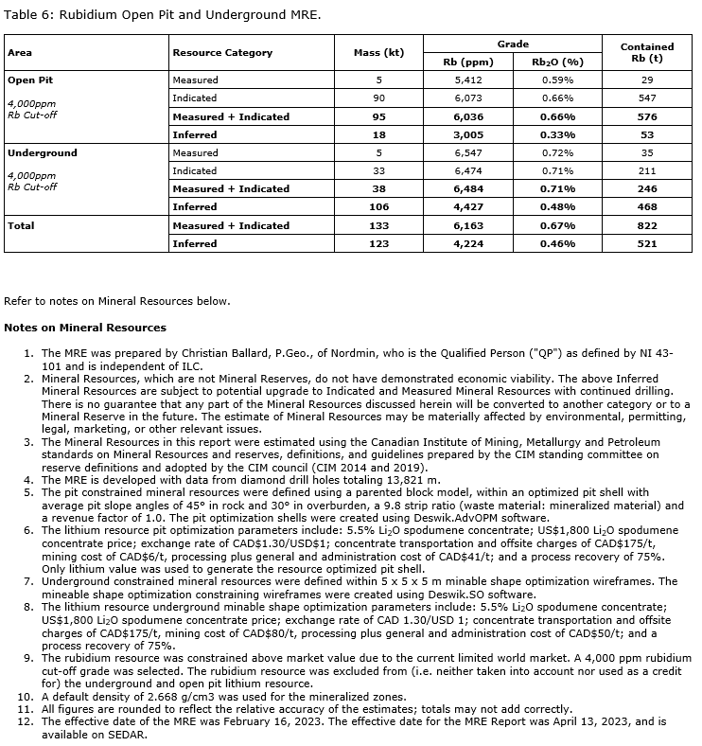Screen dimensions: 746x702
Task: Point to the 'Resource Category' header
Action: point(222,52)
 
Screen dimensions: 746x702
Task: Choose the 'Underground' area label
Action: point(43,152)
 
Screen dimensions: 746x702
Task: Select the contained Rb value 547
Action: point(646,98)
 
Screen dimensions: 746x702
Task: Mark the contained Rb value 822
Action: point(646,225)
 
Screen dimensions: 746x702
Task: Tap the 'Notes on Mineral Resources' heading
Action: point(85,328)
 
